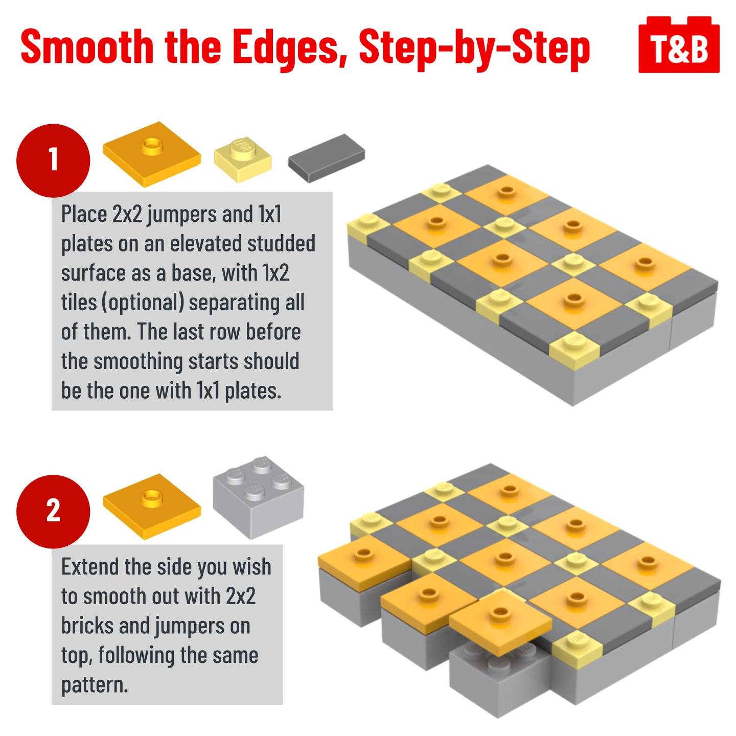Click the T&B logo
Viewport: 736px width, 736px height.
[x=679, y=44]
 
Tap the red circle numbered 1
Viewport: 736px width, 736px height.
[x=53, y=160]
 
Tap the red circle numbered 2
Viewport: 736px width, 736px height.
[x=53, y=512]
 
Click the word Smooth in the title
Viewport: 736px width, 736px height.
[x=87, y=47]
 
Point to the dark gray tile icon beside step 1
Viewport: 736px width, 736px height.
[x=327, y=158]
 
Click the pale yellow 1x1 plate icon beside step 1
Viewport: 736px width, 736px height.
[x=243, y=159]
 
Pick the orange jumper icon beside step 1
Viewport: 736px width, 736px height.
[x=152, y=154]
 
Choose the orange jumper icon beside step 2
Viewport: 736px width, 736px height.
[x=152, y=506]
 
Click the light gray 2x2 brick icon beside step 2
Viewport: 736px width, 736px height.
[x=258, y=497]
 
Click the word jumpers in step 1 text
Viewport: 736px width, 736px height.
[x=182, y=215]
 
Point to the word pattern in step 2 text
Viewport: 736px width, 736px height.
[x=95, y=685]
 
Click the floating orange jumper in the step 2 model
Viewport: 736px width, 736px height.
[x=500, y=618]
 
